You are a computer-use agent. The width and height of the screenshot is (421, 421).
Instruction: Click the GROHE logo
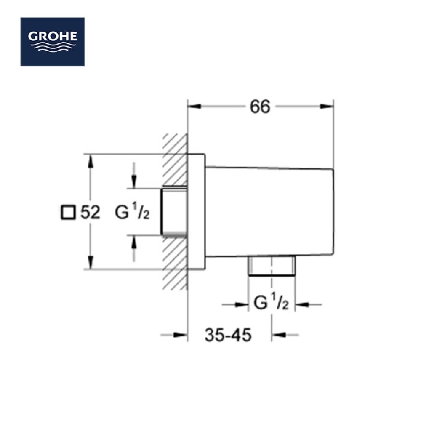click(53, 42)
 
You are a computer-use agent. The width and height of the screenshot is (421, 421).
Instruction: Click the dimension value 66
click(260, 107)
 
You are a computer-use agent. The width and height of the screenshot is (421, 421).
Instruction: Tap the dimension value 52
click(90, 212)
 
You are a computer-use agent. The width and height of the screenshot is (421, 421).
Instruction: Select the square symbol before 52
click(68, 213)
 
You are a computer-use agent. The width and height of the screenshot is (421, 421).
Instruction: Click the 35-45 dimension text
click(228, 335)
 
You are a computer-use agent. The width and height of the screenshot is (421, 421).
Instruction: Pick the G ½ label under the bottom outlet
click(271, 302)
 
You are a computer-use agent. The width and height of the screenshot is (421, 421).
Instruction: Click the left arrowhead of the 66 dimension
click(194, 107)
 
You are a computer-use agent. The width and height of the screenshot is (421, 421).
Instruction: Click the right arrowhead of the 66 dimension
click(327, 107)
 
